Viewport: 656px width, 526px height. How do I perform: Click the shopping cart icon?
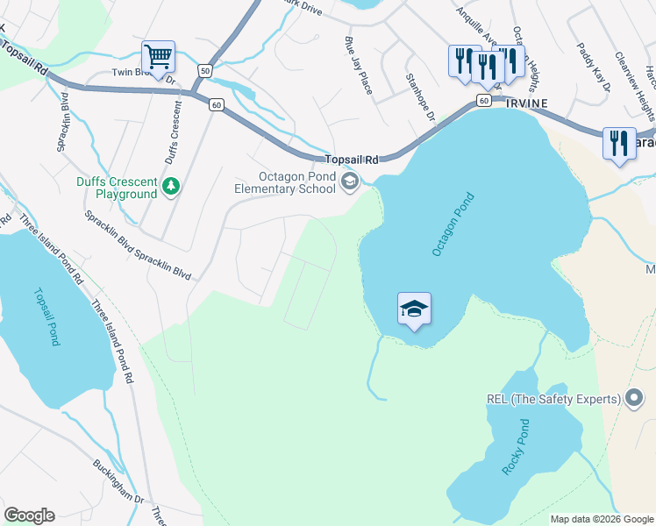click(x=158, y=58)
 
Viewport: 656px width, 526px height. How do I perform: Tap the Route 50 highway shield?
click(x=204, y=70)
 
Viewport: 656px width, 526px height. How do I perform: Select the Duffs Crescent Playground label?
click(x=115, y=188)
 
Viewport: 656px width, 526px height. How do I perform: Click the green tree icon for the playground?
click(x=171, y=186)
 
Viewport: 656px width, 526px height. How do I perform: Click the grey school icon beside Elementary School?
click(x=349, y=182)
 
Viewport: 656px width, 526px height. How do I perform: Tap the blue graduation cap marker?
click(x=414, y=309)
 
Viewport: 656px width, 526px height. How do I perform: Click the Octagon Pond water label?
click(x=453, y=224)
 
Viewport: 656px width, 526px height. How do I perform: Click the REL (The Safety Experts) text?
click(x=553, y=400)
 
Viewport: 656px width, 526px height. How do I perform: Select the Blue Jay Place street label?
click(x=360, y=65)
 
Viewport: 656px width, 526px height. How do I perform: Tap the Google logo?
click(x=29, y=515)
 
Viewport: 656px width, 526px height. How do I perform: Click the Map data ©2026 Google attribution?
click(x=603, y=519)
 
